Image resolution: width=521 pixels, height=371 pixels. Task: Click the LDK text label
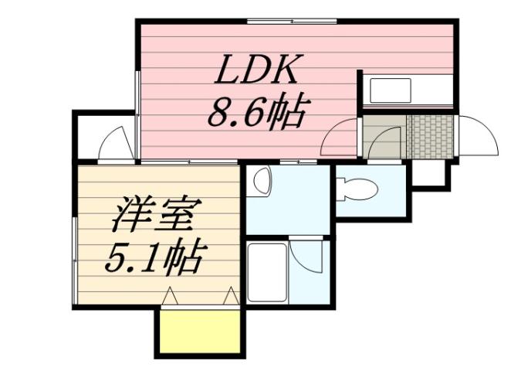[x=255, y=73]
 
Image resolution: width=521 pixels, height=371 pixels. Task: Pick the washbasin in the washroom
[x=262, y=182]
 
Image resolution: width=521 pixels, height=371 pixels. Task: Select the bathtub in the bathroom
[x=266, y=273]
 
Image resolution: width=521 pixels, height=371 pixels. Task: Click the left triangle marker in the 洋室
[x=171, y=294]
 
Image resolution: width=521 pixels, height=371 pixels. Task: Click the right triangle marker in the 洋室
[x=230, y=294]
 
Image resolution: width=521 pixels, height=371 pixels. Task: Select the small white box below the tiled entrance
[x=429, y=174]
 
